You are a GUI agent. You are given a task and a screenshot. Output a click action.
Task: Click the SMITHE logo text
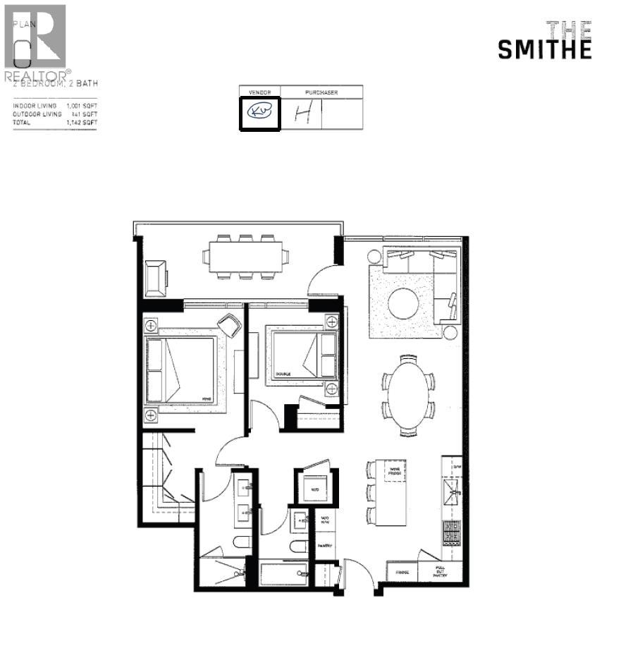tap(544, 49)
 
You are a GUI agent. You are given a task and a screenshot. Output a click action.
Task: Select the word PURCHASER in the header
tap(321, 92)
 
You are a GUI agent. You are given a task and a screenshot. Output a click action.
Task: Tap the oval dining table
tap(408, 395)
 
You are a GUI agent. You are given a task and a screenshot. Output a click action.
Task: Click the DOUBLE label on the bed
tap(283, 374)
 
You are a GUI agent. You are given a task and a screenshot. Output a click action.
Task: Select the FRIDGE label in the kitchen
tap(402, 573)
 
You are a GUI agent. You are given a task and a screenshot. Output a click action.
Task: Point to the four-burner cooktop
tap(451, 535)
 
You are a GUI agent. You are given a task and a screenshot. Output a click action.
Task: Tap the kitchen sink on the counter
tap(450, 489)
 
